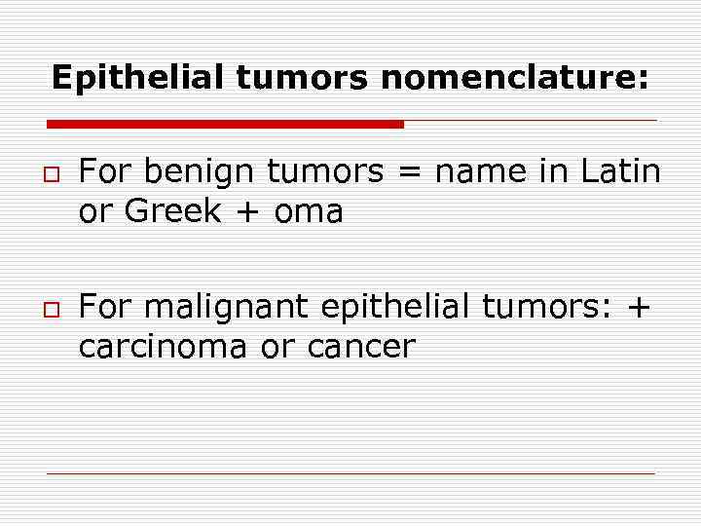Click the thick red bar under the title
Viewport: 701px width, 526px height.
tap(225, 125)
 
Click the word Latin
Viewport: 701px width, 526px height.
tap(620, 173)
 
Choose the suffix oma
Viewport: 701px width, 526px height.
tap(309, 213)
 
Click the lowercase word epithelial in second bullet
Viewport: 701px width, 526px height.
tap(397, 309)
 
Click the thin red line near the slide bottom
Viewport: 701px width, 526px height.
tap(350, 473)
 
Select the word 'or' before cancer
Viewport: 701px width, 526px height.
tap(276, 347)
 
